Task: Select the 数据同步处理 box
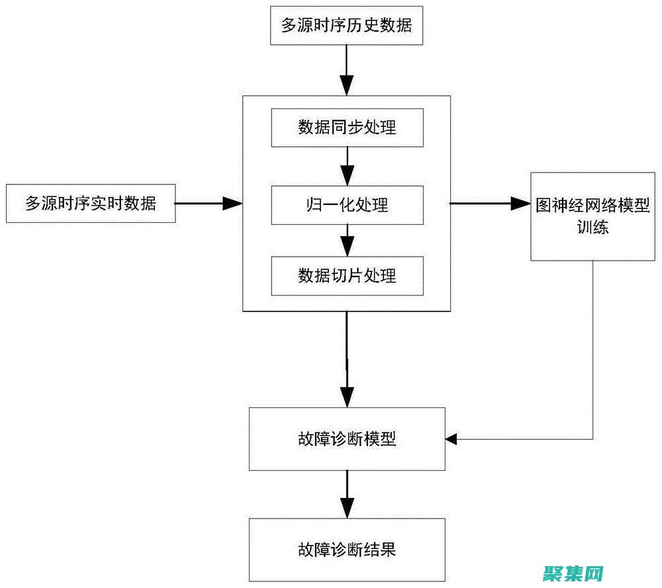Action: [347, 128]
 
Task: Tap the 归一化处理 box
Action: [347, 204]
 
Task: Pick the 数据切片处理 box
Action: [347, 275]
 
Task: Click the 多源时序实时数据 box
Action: [91, 204]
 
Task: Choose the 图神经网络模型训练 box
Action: [592, 216]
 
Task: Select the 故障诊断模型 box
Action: [347, 439]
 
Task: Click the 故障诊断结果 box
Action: [347, 549]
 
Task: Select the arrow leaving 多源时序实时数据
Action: [209, 204]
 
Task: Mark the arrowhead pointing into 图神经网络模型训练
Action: [522, 204]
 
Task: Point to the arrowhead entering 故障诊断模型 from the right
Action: [452, 439]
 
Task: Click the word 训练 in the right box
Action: [592, 228]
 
